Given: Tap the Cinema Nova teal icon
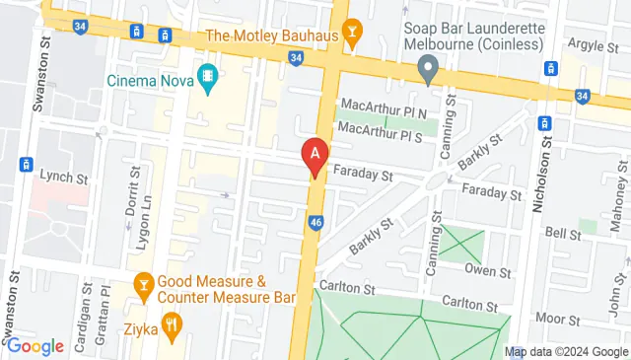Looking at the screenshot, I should (208, 77).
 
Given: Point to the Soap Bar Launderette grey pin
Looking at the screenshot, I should (427, 70).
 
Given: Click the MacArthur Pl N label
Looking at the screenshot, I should (382, 111).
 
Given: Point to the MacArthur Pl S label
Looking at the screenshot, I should (381, 129).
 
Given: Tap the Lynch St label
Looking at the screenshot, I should (62, 174).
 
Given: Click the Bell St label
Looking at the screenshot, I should (562, 234).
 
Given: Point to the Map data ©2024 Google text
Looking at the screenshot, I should (564, 351).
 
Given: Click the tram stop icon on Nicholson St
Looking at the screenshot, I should (544, 123).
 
